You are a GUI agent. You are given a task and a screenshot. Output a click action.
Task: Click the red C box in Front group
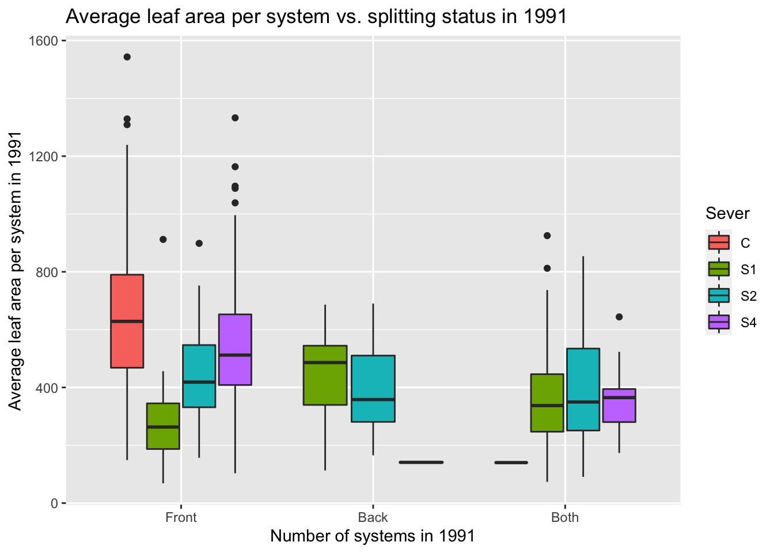pyautogui.click(x=127, y=321)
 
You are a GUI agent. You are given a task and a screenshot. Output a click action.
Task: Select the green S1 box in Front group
pyautogui.click(x=163, y=426)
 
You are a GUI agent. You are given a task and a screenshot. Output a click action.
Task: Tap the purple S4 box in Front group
pyautogui.click(x=235, y=349)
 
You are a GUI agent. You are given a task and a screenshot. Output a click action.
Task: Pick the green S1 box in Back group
pyautogui.click(x=325, y=375)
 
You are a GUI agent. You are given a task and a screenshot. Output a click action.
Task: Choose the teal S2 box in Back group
pyautogui.click(x=373, y=388)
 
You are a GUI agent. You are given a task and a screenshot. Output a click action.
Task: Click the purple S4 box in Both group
pyautogui.click(x=619, y=406)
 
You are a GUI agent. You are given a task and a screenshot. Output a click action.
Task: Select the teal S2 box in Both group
pyautogui.click(x=583, y=389)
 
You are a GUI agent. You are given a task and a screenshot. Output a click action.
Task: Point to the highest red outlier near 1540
pyautogui.click(x=127, y=56)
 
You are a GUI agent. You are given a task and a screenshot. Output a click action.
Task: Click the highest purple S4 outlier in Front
pyautogui.click(x=235, y=118)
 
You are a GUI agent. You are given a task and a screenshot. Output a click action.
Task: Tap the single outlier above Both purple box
pyautogui.click(x=619, y=317)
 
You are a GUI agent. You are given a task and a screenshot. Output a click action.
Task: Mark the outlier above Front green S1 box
pyautogui.click(x=163, y=240)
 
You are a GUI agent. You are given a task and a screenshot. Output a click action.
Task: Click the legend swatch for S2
pyautogui.click(x=719, y=296)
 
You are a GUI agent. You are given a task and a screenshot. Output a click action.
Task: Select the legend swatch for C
pyautogui.click(x=719, y=243)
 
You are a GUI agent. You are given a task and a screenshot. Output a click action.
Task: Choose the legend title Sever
pyautogui.click(x=727, y=214)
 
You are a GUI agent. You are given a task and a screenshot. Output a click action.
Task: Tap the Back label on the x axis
pyautogui.click(x=373, y=517)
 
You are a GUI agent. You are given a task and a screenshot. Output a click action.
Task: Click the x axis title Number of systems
pyautogui.click(x=372, y=536)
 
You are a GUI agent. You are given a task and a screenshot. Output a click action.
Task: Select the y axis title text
pyautogui.click(x=16, y=271)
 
